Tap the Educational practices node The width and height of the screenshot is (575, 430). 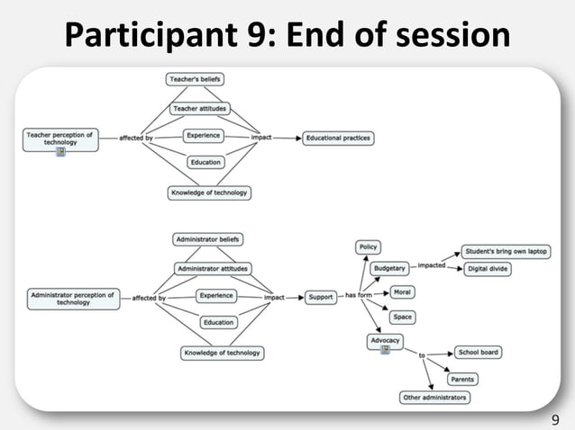tap(338, 139)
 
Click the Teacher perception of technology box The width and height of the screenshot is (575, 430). tap(59, 139)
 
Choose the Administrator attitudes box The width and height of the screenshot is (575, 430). tap(213, 268)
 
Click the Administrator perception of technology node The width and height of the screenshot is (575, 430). tap(73, 298)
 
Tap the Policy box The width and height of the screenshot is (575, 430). tap(369, 246)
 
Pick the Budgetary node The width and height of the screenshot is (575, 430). tap(390, 267)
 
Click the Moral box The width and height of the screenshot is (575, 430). tap(402, 293)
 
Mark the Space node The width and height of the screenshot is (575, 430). tap(402, 317)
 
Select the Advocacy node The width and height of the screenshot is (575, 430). tap(385, 340)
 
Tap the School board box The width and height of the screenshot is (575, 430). tap(478, 352)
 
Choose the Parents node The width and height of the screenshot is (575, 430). tap(461, 379)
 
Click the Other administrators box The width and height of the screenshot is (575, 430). tap(434, 398)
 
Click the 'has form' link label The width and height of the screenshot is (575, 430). tap(359, 296)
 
